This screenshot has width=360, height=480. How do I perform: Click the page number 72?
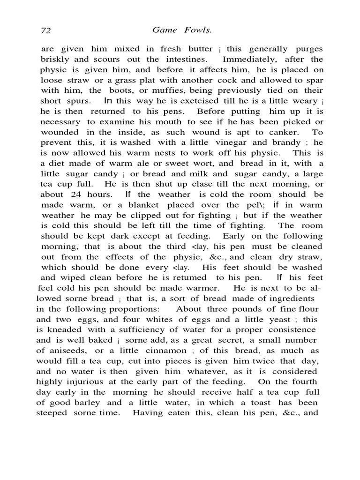pyautogui.click(x=45, y=30)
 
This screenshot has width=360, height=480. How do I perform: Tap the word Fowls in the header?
pyautogui.click(x=189, y=30)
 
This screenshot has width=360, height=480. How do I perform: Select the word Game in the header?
pyautogui.click(x=164, y=30)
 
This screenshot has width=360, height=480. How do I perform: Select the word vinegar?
pyautogui.click(x=234, y=142)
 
